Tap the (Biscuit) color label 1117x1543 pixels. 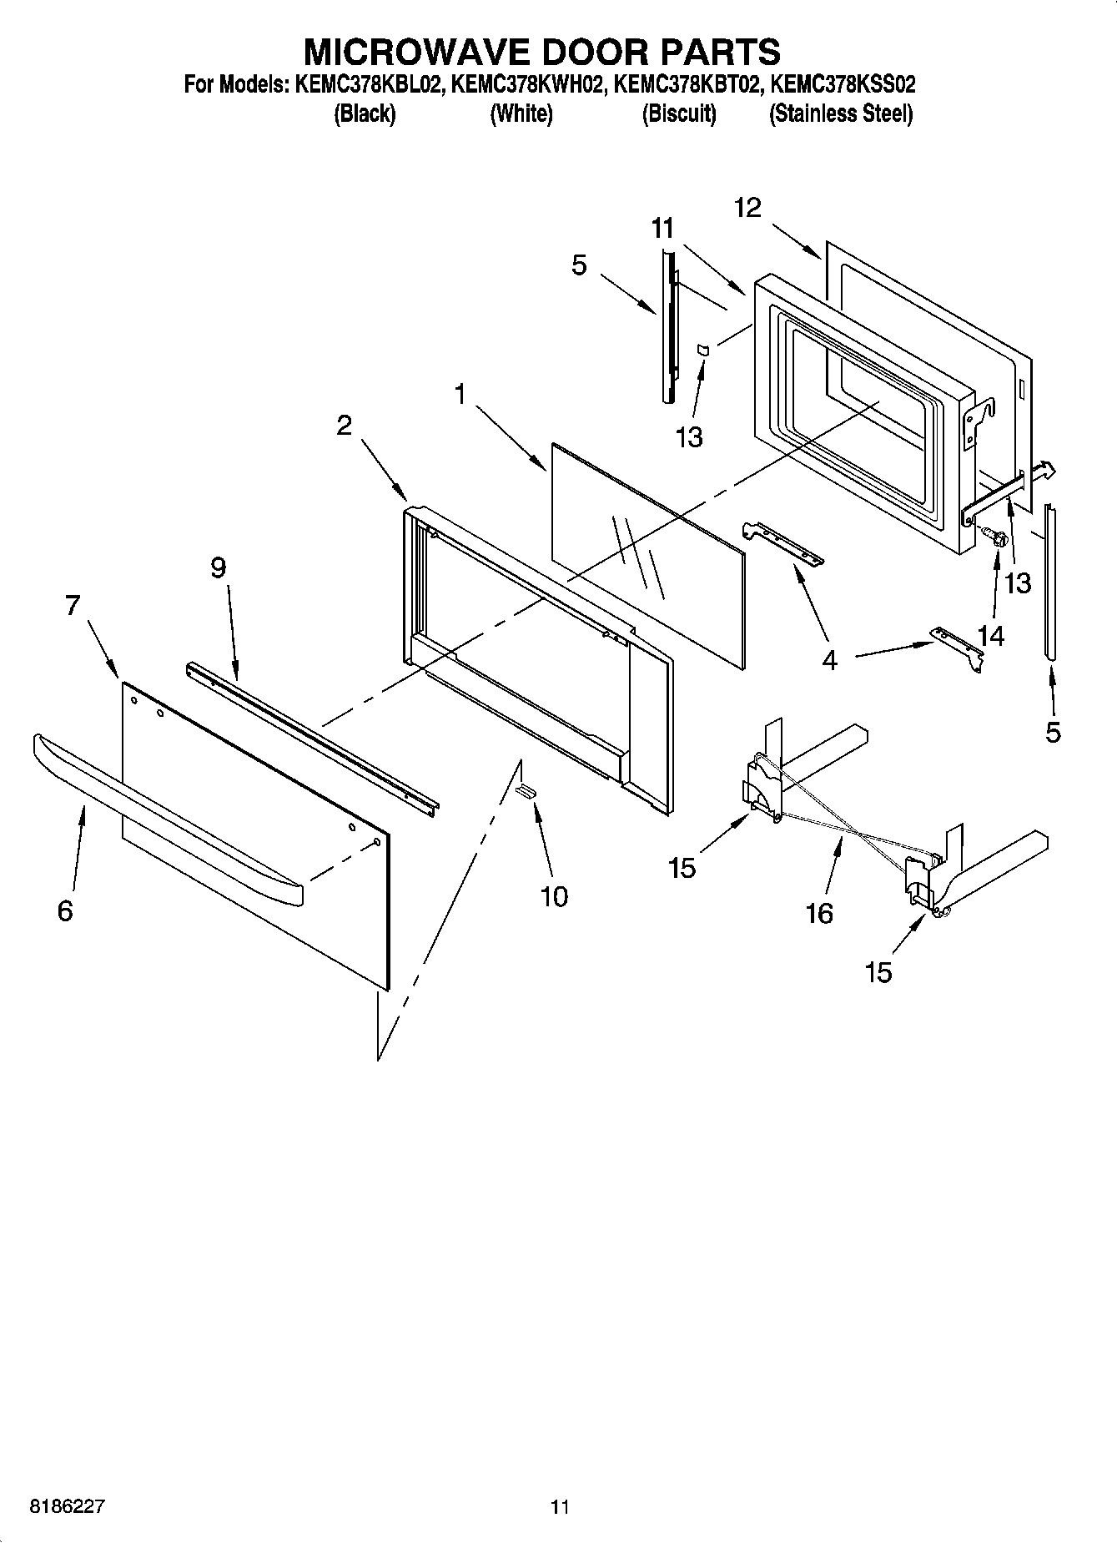tap(678, 113)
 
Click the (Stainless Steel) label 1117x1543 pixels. tap(840, 113)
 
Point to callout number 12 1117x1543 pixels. tap(747, 208)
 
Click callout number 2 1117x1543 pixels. tap(344, 426)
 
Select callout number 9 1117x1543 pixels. tap(218, 568)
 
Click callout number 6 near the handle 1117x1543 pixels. tap(65, 911)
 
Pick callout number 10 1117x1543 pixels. tap(554, 896)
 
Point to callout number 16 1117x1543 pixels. tap(819, 913)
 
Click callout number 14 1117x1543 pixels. tap(990, 635)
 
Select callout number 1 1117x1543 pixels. tap(460, 394)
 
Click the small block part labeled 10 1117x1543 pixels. tap(526, 791)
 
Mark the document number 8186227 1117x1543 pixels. tap(67, 1507)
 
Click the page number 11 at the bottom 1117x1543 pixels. tap(560, 1507)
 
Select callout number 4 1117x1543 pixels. tap(828, 660)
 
